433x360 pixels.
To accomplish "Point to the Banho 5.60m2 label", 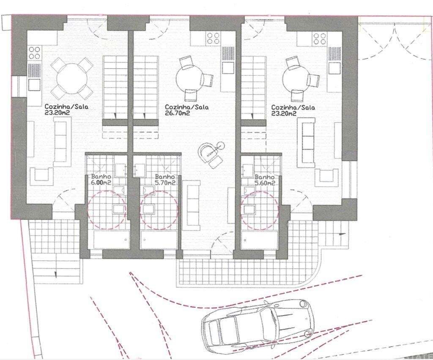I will [x=265, y=180].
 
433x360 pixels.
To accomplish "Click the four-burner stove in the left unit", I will [x=35, y=53].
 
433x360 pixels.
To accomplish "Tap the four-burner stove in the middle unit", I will [x=213, y=38].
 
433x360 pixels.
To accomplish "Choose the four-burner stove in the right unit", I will [x=320, y=39].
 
